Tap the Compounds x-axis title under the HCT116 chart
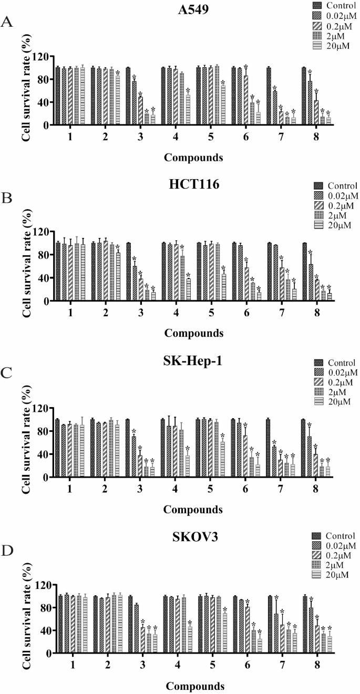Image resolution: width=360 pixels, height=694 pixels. point(193,333)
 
